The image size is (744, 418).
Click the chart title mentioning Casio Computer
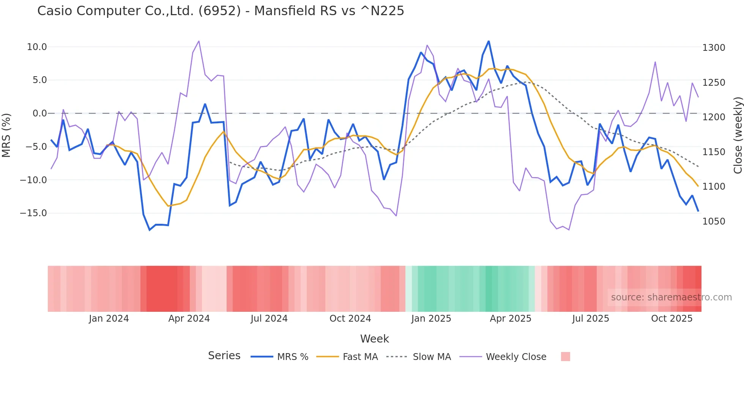click(221, 11)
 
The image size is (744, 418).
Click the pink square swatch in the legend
click(565, 357)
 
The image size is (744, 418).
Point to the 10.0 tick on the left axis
click(37, 47)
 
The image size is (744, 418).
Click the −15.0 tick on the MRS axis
click(33, 213)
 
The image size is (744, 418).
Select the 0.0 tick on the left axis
click(39, 113)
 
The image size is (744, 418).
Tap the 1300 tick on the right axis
click(714, 48)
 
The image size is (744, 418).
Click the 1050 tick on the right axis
click(714, 222)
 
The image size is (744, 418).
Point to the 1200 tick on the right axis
click(714, 117)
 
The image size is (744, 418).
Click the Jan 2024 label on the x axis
click(109, 319)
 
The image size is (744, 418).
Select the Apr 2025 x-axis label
click(511, 319)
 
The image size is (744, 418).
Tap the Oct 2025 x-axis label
click(671, 319)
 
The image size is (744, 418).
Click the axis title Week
click(374, 339)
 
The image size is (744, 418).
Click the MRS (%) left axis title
click(6, 135)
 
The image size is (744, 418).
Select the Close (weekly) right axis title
click(738, 135)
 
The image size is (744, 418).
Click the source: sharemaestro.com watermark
click(671, 297)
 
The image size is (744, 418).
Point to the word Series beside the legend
click(224, 356)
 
